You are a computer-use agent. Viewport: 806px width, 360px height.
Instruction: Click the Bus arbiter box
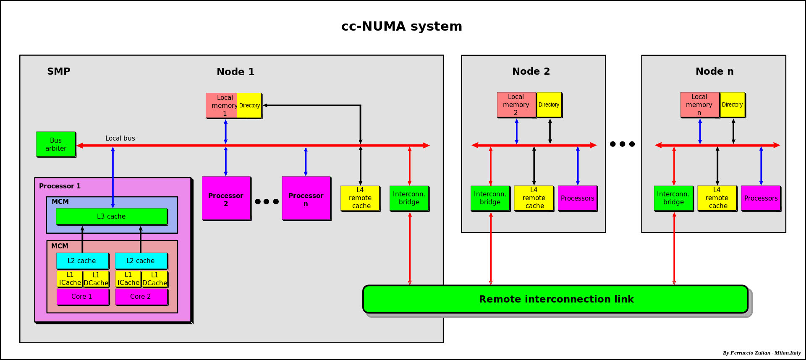click(56, 144)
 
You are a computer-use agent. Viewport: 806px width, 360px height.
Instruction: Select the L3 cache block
click(112, 217)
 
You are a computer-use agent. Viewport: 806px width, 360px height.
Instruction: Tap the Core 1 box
click(83, 297)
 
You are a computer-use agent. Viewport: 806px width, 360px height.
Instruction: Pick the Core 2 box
click(141, 297)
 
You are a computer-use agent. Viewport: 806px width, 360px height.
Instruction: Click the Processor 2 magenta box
click(226, 198)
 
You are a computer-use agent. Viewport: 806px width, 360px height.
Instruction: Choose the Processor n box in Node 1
click(306, 198)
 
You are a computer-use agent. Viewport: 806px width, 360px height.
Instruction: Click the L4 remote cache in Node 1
click(360, 198)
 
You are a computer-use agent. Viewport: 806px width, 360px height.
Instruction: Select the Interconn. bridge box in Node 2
click(490, 198)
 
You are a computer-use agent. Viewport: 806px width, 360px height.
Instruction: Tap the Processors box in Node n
click(761, 198)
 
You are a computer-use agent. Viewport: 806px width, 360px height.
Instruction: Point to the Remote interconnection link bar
click(555, 299)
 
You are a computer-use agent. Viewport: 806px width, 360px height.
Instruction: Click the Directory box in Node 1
click(250, 106)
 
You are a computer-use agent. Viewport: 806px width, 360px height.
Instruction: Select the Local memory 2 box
click(516, 105)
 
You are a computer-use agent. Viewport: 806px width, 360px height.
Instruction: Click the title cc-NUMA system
click(402, 26)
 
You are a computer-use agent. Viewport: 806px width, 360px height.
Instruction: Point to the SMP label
click(59, 71)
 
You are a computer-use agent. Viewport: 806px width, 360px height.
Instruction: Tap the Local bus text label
click(120, 138)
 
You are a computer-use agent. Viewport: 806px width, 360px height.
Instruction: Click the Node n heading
click(714, 71)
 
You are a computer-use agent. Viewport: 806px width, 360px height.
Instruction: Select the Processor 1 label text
click(60, 186)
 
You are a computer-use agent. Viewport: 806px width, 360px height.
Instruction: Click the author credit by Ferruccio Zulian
click(762, 353)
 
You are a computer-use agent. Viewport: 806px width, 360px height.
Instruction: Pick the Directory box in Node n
click(733, 105)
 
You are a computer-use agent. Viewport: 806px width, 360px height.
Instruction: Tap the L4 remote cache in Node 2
click(534, 198)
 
